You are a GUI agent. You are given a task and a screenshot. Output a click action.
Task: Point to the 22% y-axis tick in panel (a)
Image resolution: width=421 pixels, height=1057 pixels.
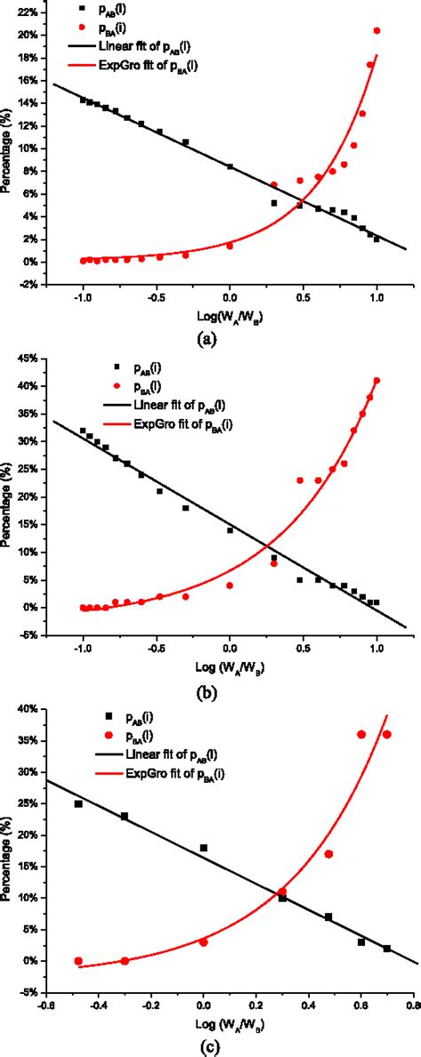point(27,12)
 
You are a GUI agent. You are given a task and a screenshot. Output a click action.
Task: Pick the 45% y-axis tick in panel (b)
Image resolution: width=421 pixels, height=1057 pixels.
point(27,358)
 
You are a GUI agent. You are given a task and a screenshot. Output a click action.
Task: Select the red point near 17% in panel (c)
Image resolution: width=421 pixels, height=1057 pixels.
point(329,854)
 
